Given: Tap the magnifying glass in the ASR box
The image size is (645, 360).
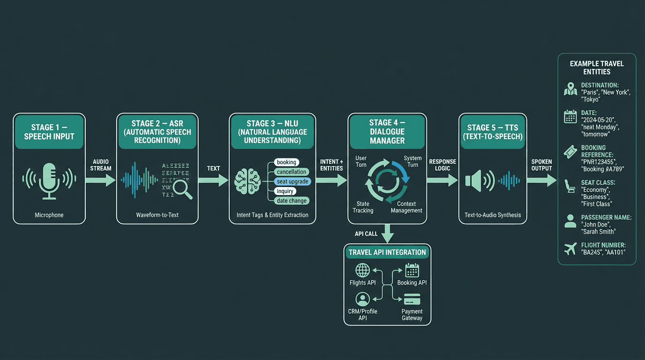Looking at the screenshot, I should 182,188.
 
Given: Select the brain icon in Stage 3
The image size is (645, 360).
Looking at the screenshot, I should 247,180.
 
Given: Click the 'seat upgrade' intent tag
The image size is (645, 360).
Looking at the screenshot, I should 292,181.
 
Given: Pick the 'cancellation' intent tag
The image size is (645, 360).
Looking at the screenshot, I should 291,172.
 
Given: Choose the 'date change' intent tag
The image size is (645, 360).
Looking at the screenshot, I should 292,201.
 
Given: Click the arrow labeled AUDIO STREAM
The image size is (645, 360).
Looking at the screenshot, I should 101,180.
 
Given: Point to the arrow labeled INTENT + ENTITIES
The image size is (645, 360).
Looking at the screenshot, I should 331,180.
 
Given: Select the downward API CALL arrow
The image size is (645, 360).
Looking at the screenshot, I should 387,233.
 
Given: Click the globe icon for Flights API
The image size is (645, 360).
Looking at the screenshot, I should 363,270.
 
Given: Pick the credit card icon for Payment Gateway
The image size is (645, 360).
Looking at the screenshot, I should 412,299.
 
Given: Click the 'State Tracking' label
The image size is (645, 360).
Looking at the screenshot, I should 363,207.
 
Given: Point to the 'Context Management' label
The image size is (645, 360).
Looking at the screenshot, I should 406,207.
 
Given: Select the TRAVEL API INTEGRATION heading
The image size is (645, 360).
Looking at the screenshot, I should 387,252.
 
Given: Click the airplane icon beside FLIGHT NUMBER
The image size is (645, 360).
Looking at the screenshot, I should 570,249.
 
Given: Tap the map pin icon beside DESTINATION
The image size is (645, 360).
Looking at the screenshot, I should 570,89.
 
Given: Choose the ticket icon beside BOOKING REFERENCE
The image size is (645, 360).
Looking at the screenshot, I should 570,152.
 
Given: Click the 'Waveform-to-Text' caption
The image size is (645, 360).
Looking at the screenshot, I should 157,215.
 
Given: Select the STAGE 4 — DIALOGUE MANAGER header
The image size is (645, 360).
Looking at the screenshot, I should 387,131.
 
